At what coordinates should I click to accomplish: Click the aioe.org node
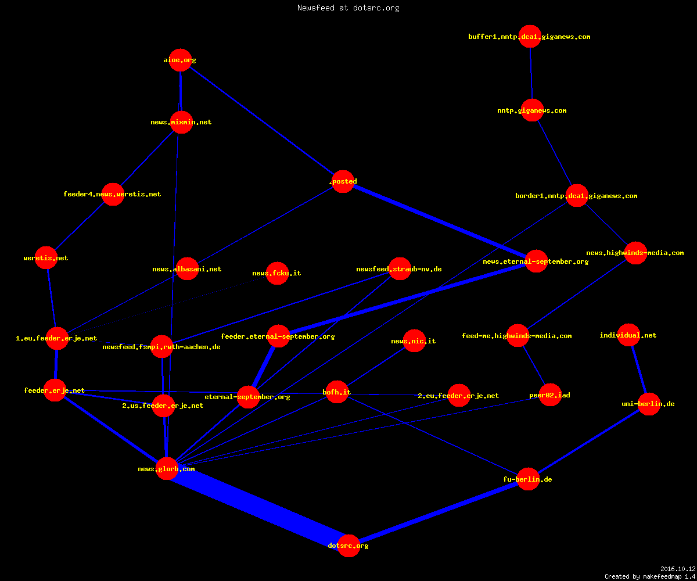180,60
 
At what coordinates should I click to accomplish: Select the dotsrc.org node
348,546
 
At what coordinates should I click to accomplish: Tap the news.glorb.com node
167,469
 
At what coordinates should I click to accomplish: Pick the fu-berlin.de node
528,479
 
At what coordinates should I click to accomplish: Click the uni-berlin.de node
649,404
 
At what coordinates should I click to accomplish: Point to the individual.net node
629,335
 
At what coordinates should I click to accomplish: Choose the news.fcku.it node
277,273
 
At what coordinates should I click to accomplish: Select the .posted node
343,181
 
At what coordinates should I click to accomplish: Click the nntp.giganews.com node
532,110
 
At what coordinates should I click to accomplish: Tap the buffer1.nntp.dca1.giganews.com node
530,37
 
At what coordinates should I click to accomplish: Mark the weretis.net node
46,258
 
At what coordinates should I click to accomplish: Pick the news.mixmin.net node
181,122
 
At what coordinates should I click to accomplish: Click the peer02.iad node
550,394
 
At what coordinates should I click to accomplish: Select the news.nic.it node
414,341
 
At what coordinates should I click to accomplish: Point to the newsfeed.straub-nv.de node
400,269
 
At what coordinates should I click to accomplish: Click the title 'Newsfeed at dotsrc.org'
348,8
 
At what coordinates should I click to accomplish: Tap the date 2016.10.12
678,569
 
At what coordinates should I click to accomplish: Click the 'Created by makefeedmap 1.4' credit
650,577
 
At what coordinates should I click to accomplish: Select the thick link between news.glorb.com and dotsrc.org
258,507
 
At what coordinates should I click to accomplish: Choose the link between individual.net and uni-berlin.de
639,370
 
